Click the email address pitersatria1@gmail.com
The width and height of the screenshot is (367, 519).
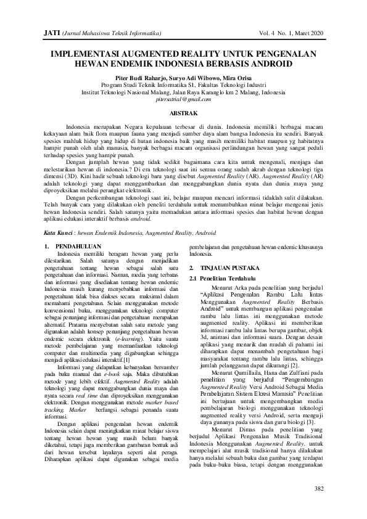(183, 99)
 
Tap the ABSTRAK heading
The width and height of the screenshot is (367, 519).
(183, 113)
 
